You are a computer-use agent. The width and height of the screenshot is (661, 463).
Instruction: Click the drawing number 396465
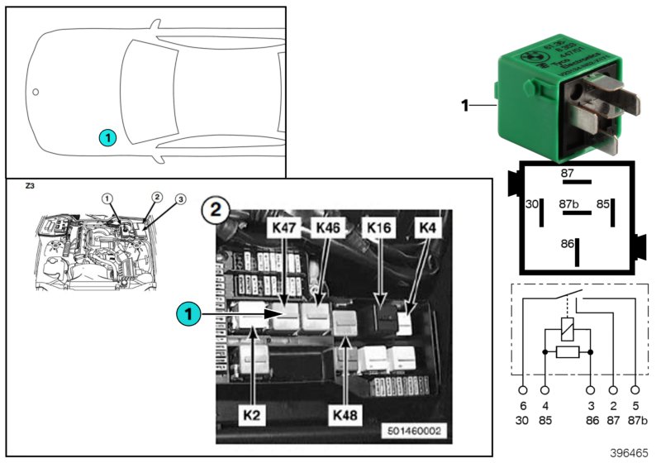pyautogui.click(x=630, y=453)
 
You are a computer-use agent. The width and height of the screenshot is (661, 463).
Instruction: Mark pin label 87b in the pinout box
pyautogui.click(x=567, y=203)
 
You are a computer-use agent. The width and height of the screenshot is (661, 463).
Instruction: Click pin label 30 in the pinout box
pyautogui.click(x=531, y=203)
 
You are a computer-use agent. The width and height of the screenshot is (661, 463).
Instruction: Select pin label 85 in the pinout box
pyautogui.click(x=604, y=203)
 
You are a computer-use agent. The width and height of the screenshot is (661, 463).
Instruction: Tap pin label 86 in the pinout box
pyautogui.click(x=567, y=245)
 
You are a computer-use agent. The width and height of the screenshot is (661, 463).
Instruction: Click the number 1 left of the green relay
pyautogui.click(x=465, y=105)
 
